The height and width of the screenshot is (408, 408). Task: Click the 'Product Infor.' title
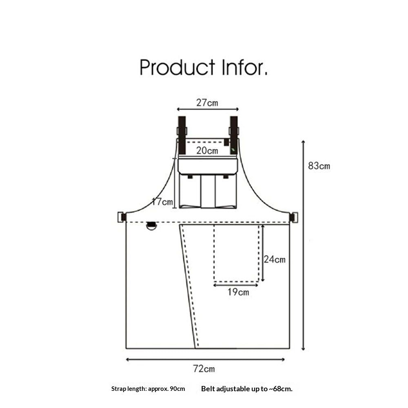(204, 67)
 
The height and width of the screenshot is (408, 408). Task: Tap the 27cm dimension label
(207, 103)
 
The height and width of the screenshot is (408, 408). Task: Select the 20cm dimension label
(207, 151)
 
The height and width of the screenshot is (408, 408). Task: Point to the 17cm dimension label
(162, 202)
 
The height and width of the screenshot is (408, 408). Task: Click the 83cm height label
(319, 166)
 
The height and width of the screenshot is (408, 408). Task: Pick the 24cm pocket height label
(275, 259)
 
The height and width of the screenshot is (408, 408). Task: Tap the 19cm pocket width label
(238, 292)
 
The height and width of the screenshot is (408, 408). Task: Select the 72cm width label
(204, 369)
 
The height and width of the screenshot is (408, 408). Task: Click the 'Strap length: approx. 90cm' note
(148, 389)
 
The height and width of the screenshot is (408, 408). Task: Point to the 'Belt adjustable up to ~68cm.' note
(247, 389)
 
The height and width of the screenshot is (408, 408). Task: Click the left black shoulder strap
(182, 135)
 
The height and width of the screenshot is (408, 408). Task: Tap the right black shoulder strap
(234, 135)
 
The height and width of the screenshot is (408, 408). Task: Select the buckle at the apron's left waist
(122, 217)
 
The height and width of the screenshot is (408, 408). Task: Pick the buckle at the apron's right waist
(293, 217)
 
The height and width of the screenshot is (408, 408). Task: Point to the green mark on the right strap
(233, 150)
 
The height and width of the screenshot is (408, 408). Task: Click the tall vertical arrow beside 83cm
(303, 245)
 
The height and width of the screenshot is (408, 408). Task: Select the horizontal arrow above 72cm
(205, 359)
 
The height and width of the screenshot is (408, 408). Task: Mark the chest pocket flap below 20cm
(208, 166)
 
